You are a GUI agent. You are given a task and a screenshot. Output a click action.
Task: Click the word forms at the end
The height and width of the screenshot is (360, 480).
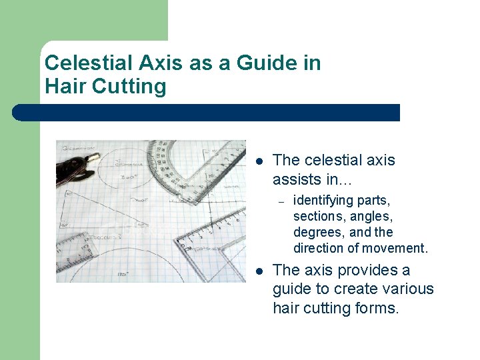click(378, 308)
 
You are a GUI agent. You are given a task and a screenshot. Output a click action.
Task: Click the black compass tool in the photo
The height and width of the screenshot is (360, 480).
click(78, 167)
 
